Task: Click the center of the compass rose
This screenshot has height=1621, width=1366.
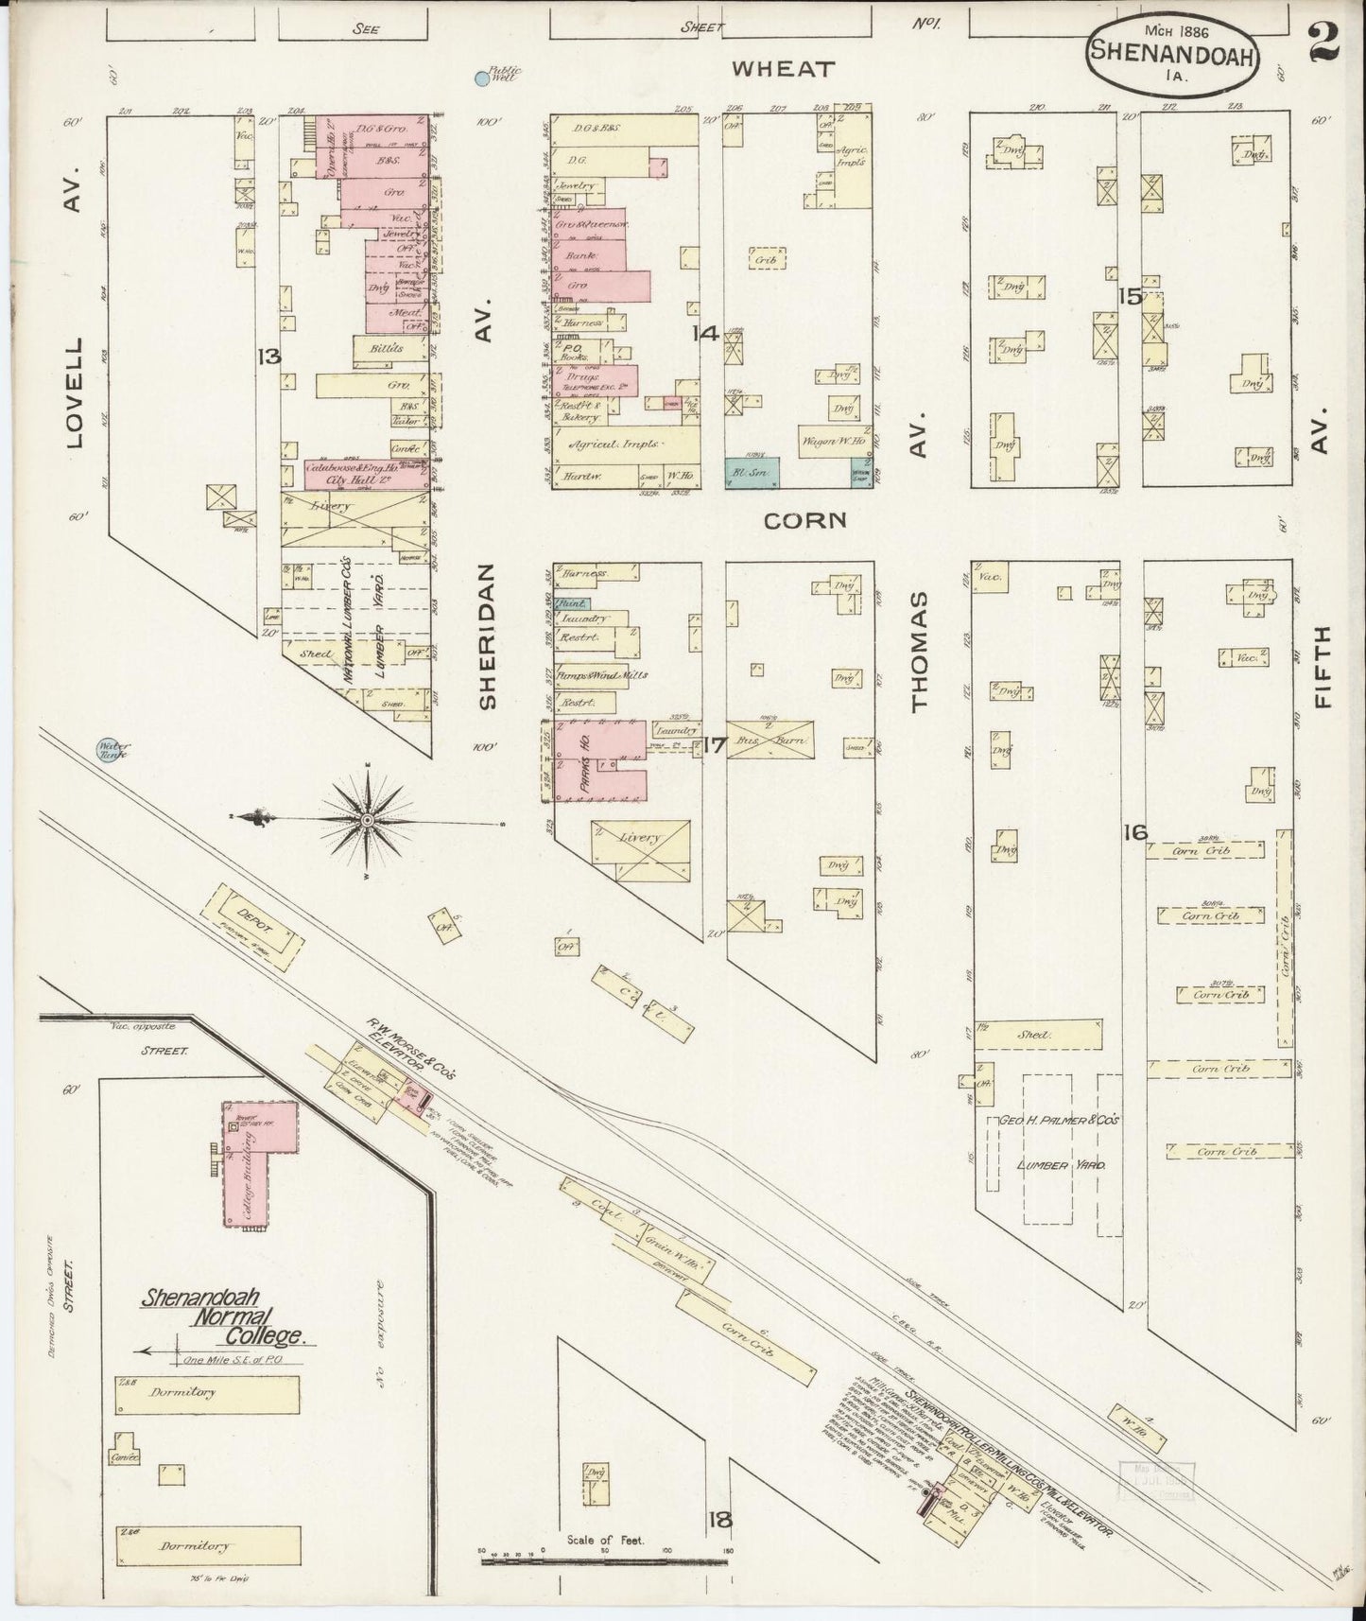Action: tap(367, 819)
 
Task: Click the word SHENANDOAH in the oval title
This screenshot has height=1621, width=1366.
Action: tap(1172, 54)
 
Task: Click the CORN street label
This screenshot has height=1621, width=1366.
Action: tap(804, 520)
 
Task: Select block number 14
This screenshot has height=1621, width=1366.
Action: tap(706, 333)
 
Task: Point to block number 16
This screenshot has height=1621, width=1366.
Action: tap(1135, 833)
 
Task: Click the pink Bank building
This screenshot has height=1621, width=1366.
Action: tap(598, 255)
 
